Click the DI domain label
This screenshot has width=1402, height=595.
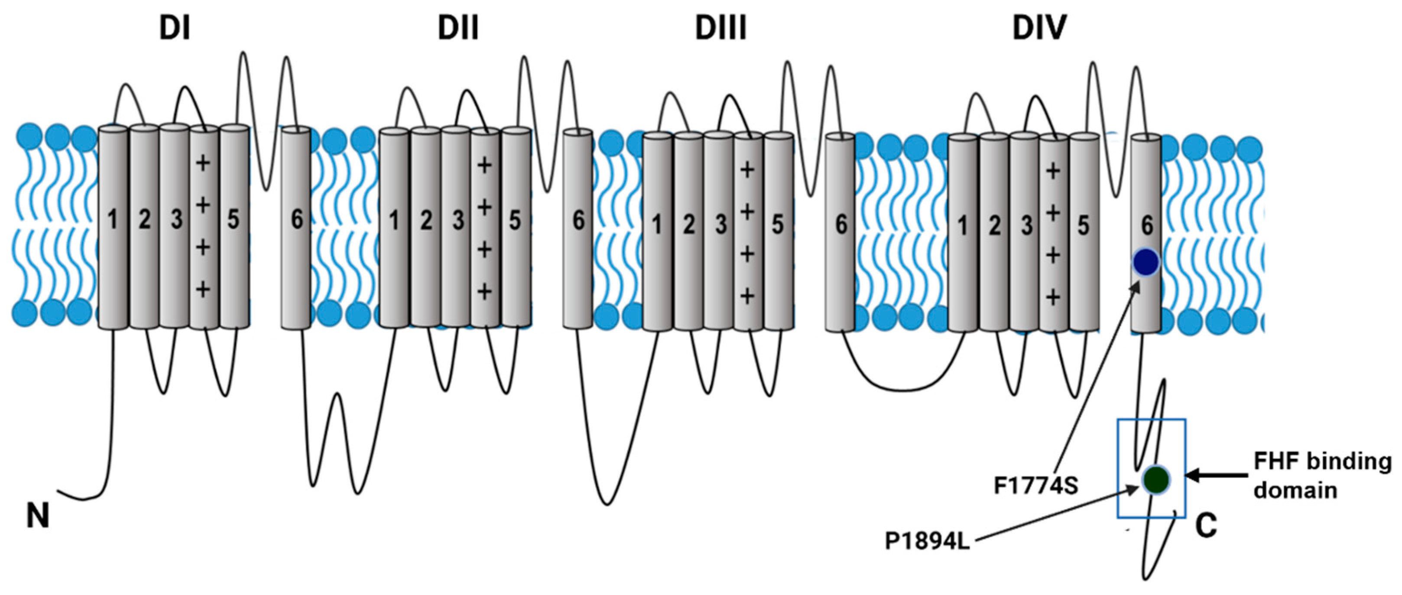click(x=175, y=28)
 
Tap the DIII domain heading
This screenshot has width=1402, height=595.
click(x=720, y=28)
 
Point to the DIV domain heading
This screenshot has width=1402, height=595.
click(x=1039, y=28)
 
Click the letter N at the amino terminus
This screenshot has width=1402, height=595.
click(x=38, y=516)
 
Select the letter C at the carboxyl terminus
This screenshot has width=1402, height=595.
click(x=1206, y=526)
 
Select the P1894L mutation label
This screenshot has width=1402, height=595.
click(x=927, y=542)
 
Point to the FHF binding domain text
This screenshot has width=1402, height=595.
click(x=1321, y=475)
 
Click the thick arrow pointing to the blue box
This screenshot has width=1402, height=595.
click(x=1217, y=476)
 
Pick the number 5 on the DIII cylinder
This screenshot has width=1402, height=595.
click(x=778, y=224)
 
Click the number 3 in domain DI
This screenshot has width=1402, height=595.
click(x=176, y=219)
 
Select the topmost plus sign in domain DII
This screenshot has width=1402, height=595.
click(x=484, y=165)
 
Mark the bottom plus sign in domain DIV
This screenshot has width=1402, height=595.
click(x=1053, y=297)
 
